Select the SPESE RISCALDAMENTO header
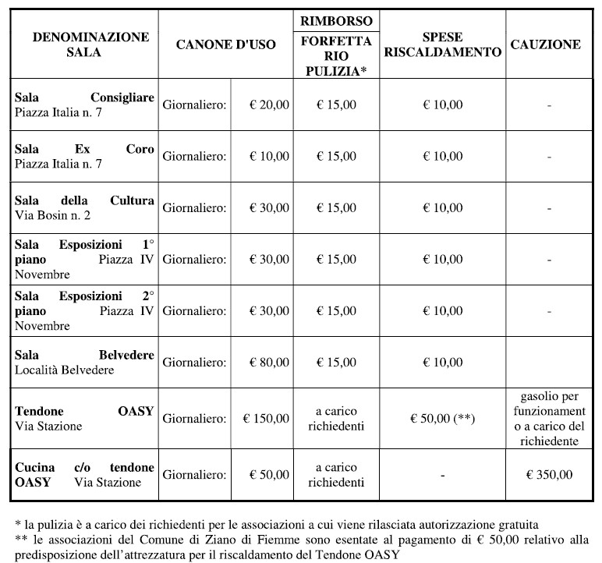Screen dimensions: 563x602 (x=443, y=45)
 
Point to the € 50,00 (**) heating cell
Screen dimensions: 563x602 (x=443, y=418)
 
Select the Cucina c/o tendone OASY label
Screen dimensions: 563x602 (x=84, y=474)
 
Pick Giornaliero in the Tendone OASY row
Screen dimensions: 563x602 (x=195, y=418)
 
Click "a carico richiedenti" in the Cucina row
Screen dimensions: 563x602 (x=340, y=474)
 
